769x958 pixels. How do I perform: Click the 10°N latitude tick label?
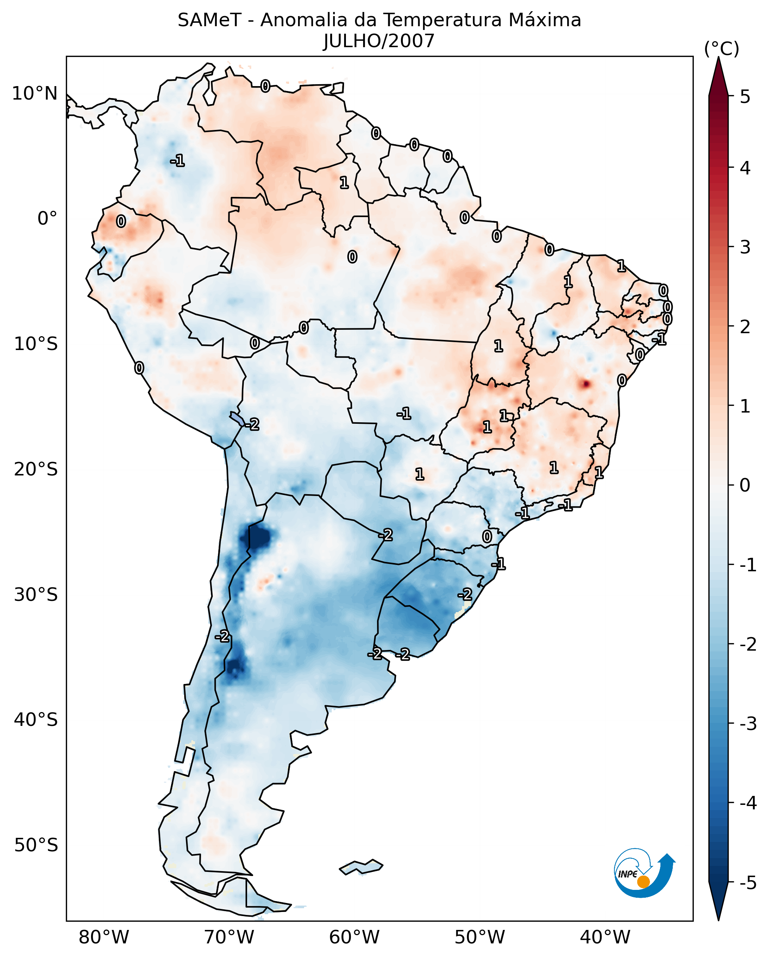click(35, 94)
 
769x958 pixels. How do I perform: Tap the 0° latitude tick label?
click(48, 219)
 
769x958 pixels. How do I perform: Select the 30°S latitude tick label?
click(36, 594)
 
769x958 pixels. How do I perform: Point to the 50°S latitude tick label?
click(36, 845)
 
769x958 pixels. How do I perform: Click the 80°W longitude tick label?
click(104, 937)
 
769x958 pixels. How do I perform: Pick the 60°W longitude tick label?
click(355, 937)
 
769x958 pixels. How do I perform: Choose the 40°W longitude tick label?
click(605, 937)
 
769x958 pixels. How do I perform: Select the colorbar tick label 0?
click(745, 485)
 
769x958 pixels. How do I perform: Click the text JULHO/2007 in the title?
click(379, 41)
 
